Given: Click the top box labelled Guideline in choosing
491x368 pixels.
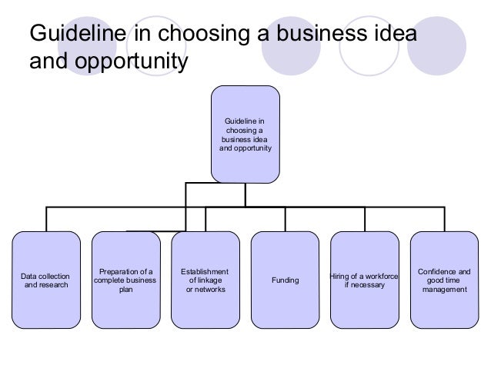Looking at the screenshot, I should (245, 134).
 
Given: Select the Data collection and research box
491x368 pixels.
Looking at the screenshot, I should (45, 280).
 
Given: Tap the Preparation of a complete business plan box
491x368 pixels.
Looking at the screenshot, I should (125, 280).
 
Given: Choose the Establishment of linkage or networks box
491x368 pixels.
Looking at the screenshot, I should (205, 280).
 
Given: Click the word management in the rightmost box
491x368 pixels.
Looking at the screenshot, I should (444, 290).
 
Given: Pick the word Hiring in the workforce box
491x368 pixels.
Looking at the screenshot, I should (339, 277).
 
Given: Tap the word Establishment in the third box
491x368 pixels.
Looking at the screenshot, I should (205, 271).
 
